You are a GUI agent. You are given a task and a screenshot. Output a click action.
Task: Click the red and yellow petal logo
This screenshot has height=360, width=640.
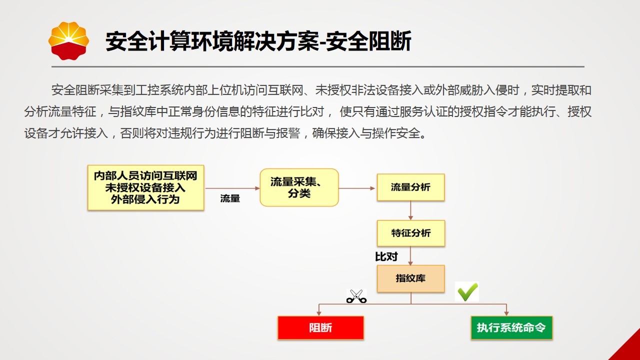pos(68,40)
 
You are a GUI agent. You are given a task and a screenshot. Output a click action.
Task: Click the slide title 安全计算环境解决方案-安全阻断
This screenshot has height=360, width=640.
pos(258,41)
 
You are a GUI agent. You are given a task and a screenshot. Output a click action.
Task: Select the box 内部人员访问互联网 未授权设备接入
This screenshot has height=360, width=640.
pos(145,187)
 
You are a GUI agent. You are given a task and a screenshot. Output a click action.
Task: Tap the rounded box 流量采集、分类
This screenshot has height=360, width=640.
pos(299,187)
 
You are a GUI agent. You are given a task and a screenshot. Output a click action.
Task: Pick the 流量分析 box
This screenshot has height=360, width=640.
pos(410,187)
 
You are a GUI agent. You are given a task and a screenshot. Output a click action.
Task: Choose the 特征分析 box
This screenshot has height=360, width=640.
pos(411,233)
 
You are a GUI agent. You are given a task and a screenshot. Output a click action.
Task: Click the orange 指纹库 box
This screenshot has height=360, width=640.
pos(410,278)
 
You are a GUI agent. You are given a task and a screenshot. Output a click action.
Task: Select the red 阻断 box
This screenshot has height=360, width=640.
pos(320,327)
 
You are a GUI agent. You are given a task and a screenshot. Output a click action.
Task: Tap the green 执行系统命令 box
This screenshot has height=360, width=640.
pos(511,327)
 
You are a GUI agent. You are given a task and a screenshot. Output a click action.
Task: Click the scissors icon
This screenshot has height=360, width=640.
pos(356,296)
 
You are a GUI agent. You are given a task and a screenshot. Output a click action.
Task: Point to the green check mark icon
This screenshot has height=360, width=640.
pos(467,291)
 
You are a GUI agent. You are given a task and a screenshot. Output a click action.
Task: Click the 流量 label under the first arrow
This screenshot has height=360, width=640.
pos(230,198)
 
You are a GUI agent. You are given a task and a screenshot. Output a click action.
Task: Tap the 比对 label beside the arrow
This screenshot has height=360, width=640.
pos(386,256)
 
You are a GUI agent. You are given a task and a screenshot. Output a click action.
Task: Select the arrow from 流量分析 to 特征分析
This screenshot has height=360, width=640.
pos(410,210)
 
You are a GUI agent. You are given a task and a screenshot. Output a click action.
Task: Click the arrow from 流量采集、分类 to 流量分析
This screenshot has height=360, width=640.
pos(357,188)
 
